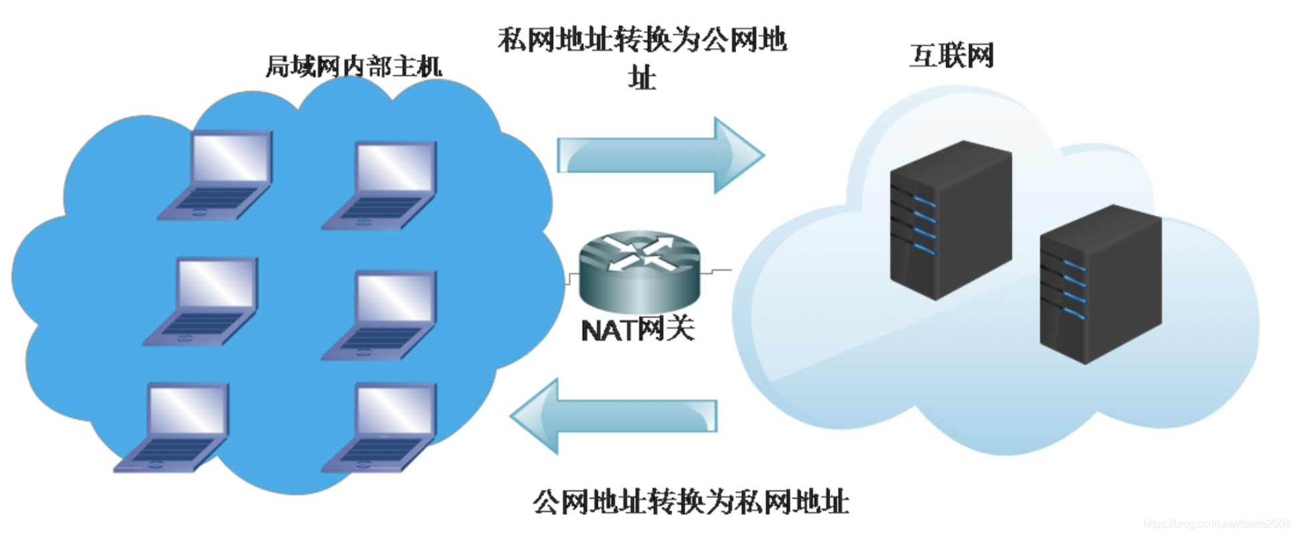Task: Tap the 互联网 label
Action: (951, 55)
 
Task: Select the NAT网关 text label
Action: (638, 329)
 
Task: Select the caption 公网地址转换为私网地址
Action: (691, 502)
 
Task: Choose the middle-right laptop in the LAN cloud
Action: (380, 314)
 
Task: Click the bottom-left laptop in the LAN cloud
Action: (173, 427)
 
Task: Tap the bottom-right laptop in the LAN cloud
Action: (380, 427)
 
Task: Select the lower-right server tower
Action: (1100, 284)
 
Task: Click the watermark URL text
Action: (1216, 524)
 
